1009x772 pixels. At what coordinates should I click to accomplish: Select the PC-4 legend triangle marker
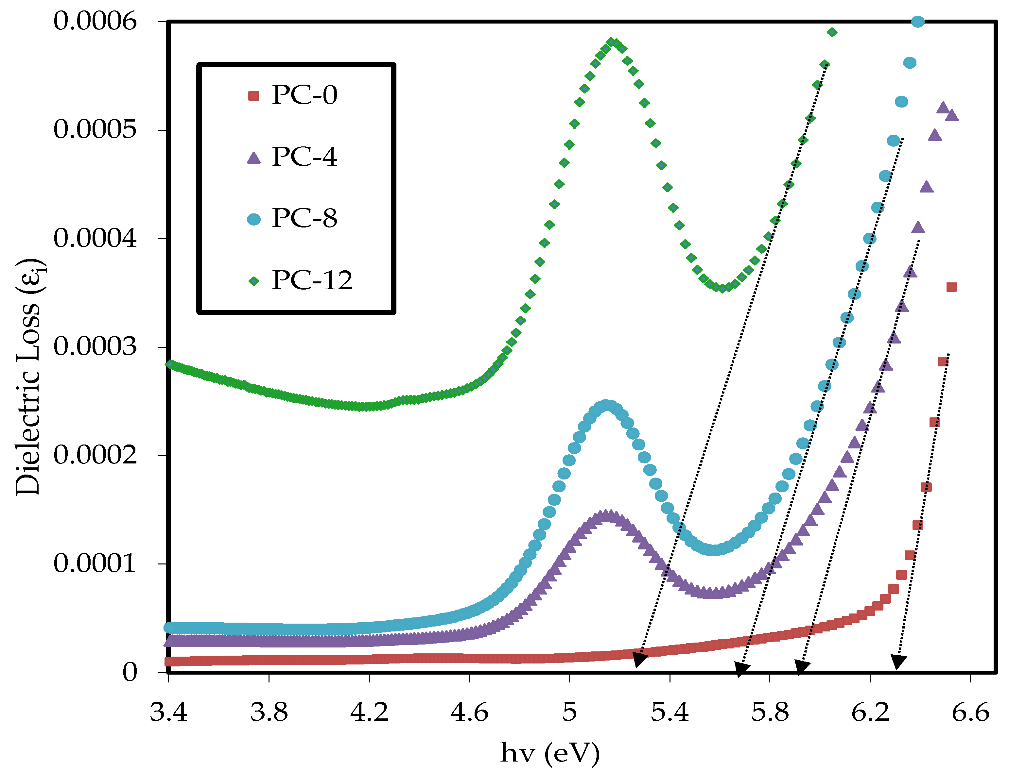click(x=253, y=158)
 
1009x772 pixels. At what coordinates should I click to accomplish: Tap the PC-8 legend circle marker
click(x=253, y=219)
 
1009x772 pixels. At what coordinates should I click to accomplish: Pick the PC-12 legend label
click(x=312, y=280)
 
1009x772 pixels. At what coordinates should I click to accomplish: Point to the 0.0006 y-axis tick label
click(x=95, y=21)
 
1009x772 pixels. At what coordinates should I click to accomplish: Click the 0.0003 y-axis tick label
click(x=95, y=346)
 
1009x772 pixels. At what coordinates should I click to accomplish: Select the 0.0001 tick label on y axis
click(x=95, y=563)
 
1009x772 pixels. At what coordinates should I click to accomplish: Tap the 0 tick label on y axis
click(x=130, y=672)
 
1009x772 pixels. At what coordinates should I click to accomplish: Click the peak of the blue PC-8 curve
click(x=607, y=406)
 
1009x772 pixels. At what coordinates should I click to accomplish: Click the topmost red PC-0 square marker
click(x=951, y=287)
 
